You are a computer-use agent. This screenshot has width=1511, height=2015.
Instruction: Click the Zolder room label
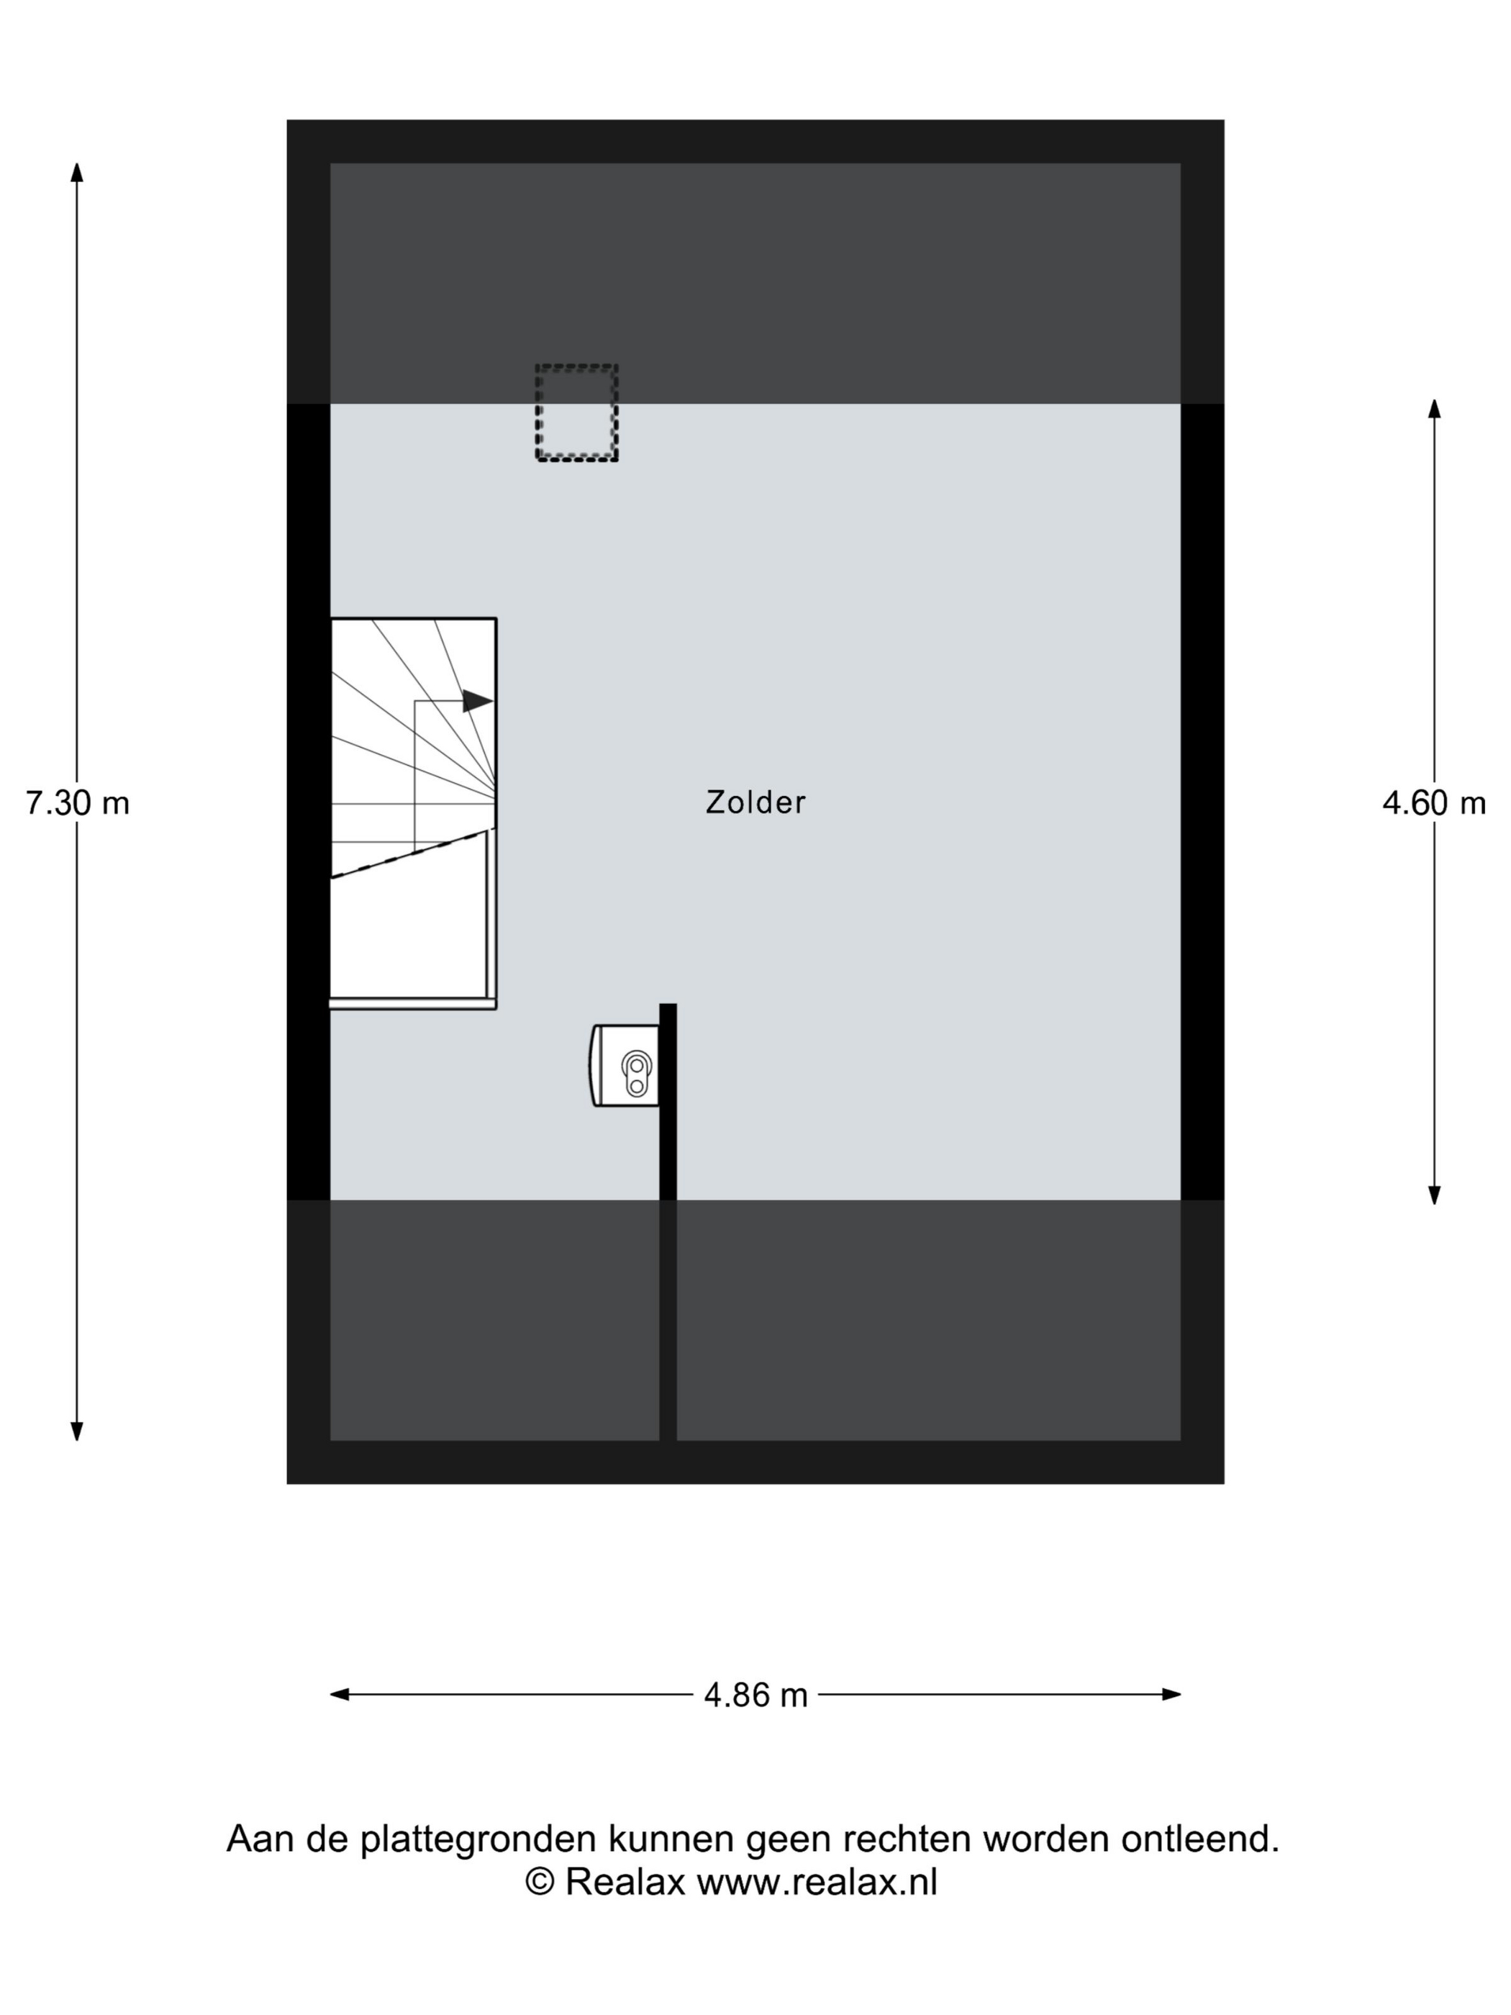point(755,802)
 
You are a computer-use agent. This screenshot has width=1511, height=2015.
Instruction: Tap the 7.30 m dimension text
point(78,802)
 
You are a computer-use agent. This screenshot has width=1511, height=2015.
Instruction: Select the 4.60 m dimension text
point(1433,802)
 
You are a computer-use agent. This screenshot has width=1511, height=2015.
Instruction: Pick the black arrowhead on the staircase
point(477,700)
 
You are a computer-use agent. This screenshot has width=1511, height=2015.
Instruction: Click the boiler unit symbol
point(625,1065)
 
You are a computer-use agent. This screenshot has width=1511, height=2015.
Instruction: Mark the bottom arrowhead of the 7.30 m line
point(78,1431)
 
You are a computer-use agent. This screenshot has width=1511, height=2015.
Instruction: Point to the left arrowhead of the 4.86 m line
point(340,1694)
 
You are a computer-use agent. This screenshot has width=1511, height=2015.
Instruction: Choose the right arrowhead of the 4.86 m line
point(1171,1694)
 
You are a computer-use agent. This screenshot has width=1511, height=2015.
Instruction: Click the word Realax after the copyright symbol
point(625,1882)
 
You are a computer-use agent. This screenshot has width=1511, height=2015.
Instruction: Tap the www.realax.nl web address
point(817,1882)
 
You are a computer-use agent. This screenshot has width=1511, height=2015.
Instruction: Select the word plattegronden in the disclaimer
point(478,1840)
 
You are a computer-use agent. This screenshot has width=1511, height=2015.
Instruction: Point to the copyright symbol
point(540,1882)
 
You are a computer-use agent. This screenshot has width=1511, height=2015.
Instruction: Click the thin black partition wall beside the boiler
point(668,1221)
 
